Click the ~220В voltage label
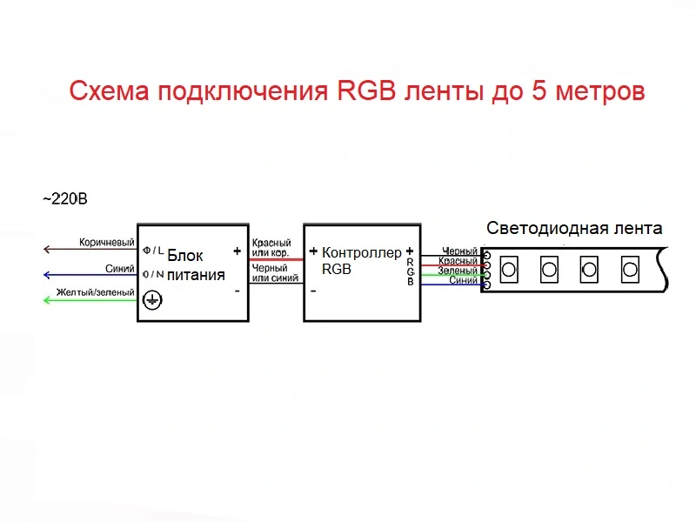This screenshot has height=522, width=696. pos(65,199)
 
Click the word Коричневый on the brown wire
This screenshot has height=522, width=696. pos(106,242)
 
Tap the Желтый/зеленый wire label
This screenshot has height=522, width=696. pos(95,292)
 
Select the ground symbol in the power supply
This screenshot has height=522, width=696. pos(152,299)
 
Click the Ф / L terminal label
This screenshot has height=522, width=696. pos(153,250)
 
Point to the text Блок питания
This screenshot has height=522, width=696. pos(196,265)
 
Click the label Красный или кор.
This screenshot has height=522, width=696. pos(271,247)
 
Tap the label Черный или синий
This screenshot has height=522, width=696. pos(271,273)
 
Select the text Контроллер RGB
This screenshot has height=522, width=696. pos(361,261)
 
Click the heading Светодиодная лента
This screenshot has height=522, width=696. pos(574,229)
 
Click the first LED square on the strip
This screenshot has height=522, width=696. pos(509,269)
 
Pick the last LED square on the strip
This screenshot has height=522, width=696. pos(630,269)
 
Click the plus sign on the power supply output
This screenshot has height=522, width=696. pos(237,251)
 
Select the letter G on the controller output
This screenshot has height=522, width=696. pos(410,271)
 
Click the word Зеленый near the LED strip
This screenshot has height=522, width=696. pos(458,271)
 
